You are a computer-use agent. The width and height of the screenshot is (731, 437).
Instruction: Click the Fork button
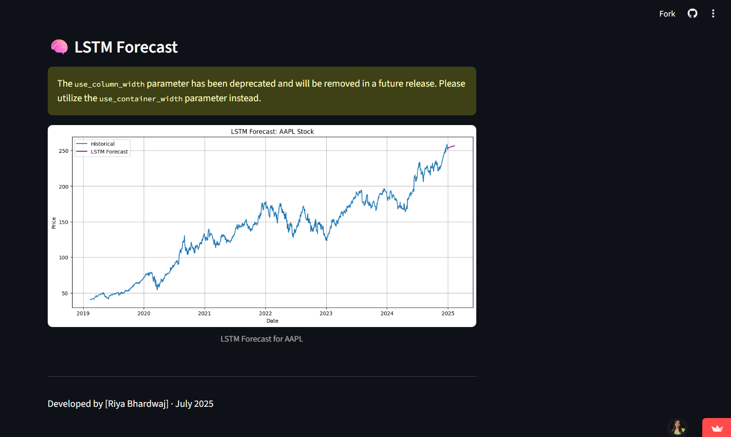click(x=667, y=14)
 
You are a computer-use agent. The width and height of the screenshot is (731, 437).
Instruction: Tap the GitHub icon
click(x=692, y=14)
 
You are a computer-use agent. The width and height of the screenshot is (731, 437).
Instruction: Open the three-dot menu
click(x=713, y=14)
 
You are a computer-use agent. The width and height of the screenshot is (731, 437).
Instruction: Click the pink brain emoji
click(x=59, y=47)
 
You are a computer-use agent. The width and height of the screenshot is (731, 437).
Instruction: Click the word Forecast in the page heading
click(x=147, y=47)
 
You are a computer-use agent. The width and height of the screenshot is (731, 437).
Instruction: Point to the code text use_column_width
click(x=110, y=84)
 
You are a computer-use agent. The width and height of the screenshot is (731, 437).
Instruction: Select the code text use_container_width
click(x=141, y=99)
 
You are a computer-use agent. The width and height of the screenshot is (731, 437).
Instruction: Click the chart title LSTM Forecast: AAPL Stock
click(x=272, y=131)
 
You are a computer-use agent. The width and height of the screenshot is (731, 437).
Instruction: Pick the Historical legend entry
click(x=102, y=144)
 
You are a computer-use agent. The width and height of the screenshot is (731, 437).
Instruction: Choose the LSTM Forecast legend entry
click(x=109, y=152)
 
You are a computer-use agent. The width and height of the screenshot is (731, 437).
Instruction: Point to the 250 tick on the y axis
click(x=64, y=151)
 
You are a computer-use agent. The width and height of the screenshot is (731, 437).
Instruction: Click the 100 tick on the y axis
click(x=64, y=257)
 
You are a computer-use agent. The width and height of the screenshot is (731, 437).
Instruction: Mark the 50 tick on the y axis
click(x=65, y=293)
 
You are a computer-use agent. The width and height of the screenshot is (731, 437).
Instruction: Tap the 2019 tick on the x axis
click(x=83, y=313)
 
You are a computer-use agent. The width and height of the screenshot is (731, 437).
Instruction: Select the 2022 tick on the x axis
click(x=265, y=313)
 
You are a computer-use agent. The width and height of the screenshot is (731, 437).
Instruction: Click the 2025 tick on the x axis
click(x=448, y=313)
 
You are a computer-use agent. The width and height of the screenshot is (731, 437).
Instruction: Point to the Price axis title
click(x=54, y=223)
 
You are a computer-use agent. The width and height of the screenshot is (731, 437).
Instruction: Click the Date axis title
click(x=272, y=321)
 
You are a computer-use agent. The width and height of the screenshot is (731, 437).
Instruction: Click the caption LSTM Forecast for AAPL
click(x=262, y=339)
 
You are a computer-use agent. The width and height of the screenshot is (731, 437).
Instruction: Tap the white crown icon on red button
click(x=717, y=428)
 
